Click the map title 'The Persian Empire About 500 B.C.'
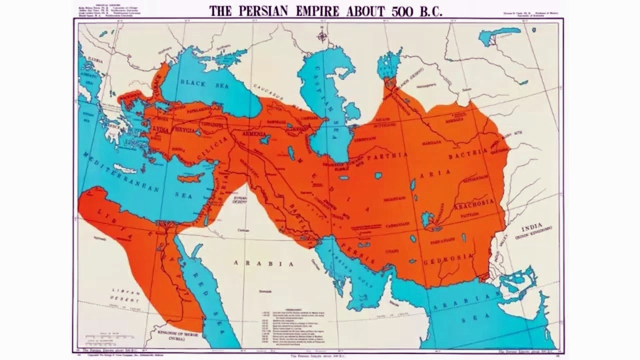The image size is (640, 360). point(325,10)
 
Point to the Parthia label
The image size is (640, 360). point(387,155)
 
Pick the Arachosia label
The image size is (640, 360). point(473,203)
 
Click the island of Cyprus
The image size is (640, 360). point(190,177)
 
